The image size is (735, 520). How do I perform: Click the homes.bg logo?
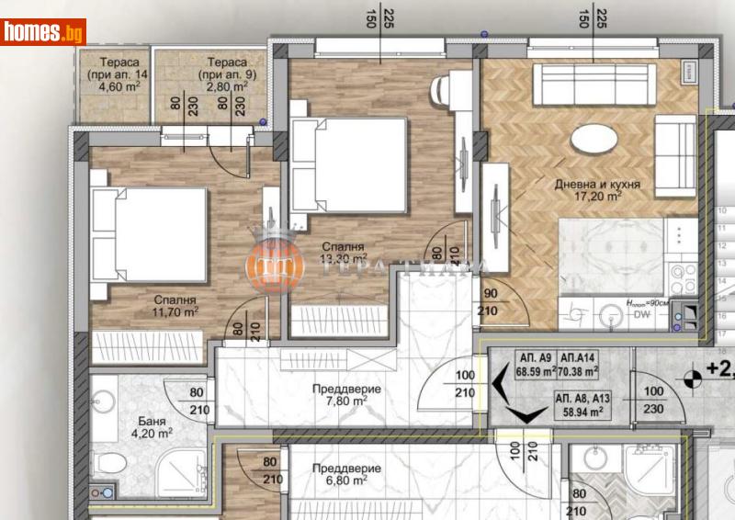tap(44, 31)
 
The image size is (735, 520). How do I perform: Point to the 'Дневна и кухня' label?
tap(597, 184)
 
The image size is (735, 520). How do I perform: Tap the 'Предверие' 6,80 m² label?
tap(339, 472)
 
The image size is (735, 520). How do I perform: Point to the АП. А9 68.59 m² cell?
tap(533, 366)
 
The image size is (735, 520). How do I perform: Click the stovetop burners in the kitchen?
tap(684, 272)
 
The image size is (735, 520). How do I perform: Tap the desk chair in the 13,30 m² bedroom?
tap(440, 90)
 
